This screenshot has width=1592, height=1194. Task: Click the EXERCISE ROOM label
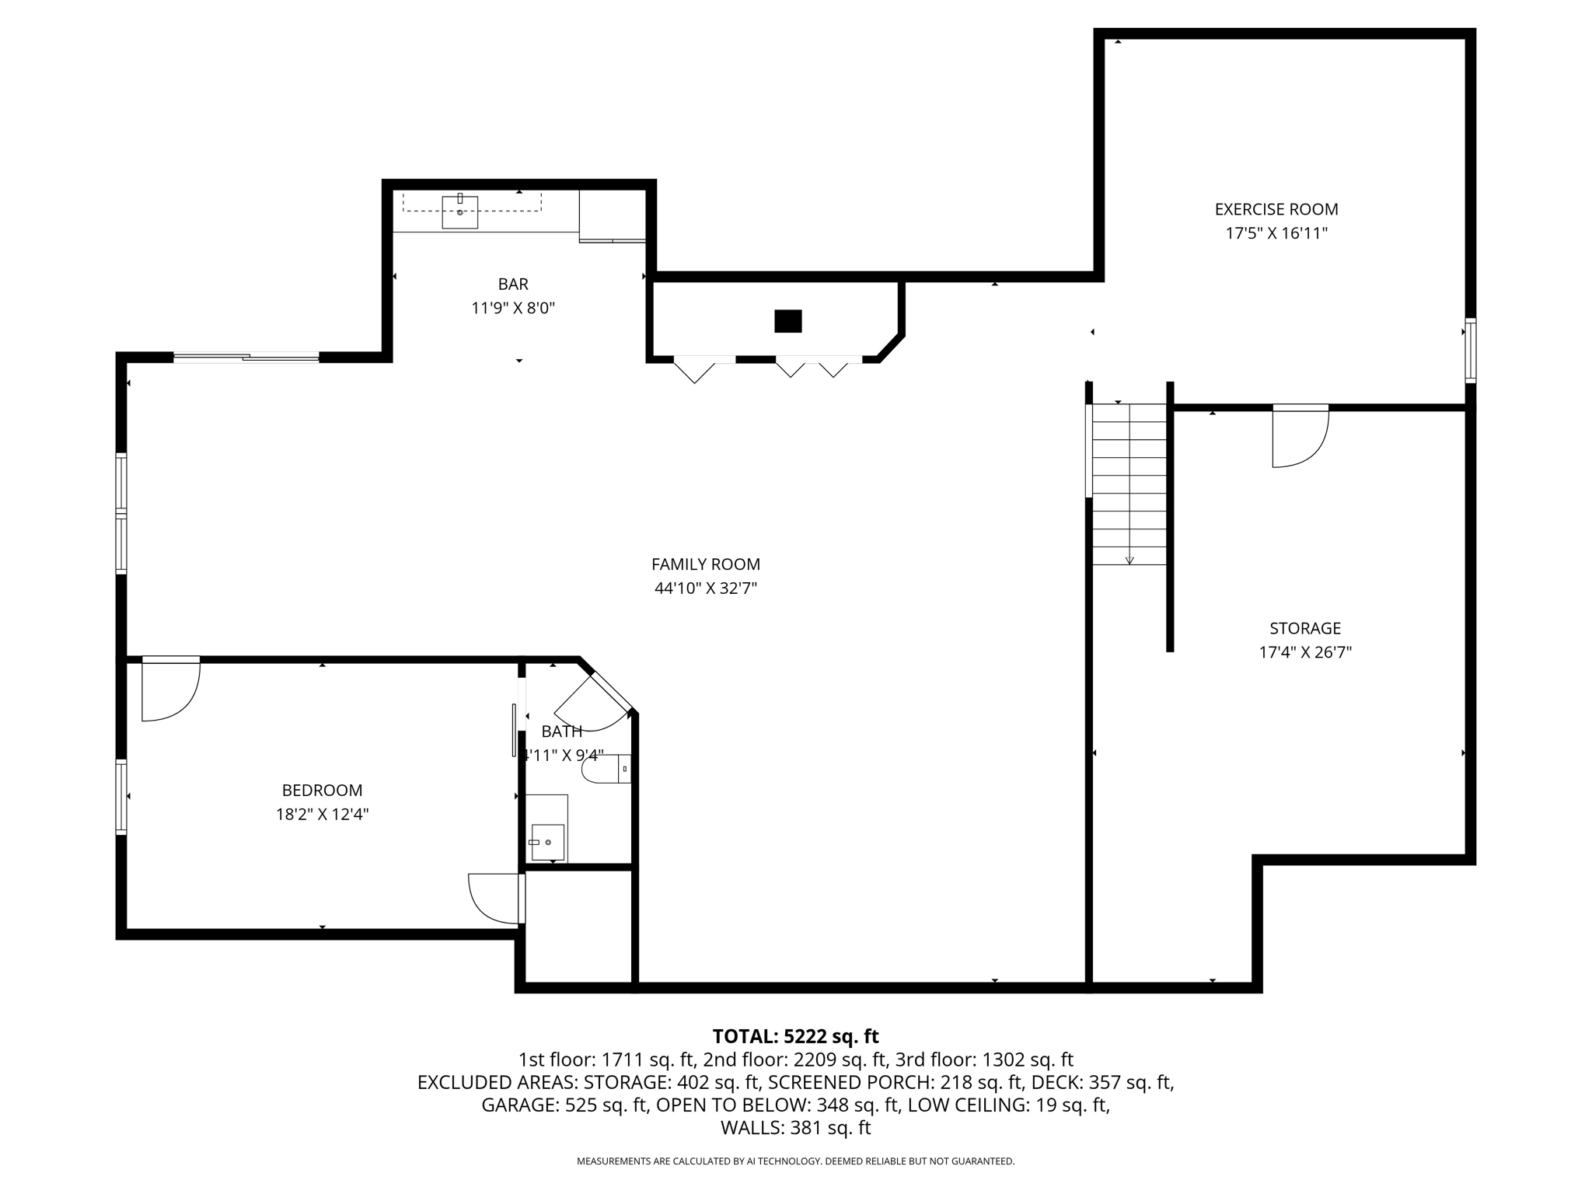tap(1276, 209)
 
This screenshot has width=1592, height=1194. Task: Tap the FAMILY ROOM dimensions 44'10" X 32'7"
tap(705, 588)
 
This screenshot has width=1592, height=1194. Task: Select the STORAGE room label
tap(1305, 628)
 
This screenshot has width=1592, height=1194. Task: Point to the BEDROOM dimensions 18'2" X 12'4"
tap(322, 814)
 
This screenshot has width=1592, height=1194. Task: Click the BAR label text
tap(513, 284)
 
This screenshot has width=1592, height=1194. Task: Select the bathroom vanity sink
tap(547, 842)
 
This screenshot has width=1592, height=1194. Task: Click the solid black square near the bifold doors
tap(787, 321)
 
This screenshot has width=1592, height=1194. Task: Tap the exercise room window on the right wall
tap(1470, 350)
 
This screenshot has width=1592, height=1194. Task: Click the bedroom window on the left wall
tap(121, 797)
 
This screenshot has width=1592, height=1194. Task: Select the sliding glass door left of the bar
tap(246, 358)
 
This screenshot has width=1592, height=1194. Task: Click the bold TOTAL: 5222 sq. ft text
tap(795, 1036)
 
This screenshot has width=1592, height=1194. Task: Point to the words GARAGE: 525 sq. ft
tap(564, 1105)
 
